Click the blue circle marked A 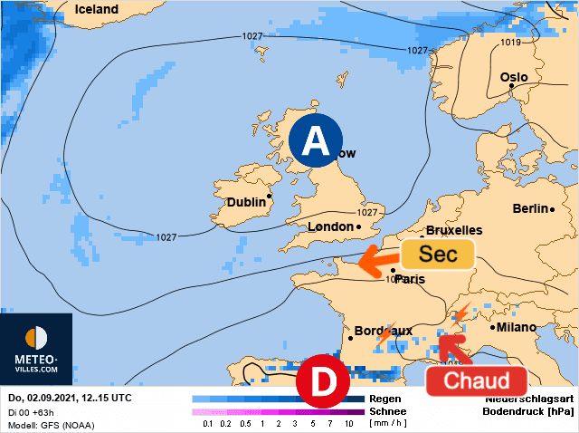point(315,140)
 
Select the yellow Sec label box point(439,255)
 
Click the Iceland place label point(97,9)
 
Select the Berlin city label point(531,208)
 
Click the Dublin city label point(247,202)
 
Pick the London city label point(330,226)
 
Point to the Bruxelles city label point(454,230)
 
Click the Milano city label point(517,327)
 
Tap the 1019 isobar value point(511,43)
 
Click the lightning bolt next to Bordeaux point(384,335)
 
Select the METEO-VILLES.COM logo point(36,349)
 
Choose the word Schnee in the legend point(386,411)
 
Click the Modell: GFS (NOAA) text point(51,425)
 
